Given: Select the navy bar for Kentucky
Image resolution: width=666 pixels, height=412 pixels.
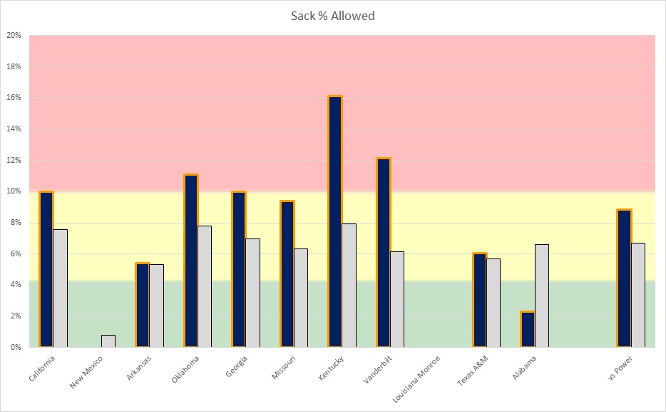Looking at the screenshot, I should point(335,221).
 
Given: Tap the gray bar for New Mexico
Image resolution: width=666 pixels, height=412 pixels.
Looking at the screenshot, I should point(108,341).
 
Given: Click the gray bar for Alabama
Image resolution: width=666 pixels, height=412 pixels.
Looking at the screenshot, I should point(542,296).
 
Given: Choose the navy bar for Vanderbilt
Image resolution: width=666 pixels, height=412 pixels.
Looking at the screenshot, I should point(384,253).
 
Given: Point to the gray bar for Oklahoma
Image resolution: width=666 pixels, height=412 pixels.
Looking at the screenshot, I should point(205,286).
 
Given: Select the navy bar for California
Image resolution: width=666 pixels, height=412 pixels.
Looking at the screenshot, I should point(46,269).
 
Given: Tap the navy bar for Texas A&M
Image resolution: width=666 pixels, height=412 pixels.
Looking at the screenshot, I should point(479,300).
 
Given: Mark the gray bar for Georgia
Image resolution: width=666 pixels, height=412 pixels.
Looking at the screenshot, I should point(252,293).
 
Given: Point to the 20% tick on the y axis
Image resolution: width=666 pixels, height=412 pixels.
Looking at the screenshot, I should point(14,35).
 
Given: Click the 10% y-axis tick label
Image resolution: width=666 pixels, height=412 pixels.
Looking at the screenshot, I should point(14,191).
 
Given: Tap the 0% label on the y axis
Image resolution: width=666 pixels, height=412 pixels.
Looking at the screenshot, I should point(16,347).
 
